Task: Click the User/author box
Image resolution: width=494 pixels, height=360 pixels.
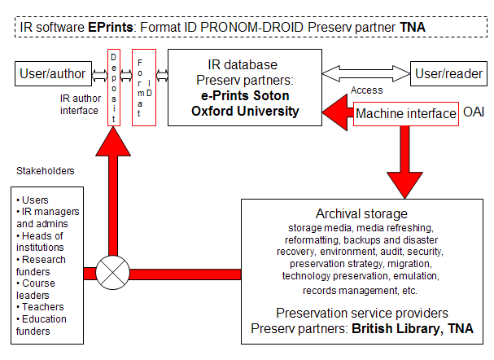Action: pos(50,75)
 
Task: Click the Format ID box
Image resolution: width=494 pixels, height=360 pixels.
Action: pos(142,86)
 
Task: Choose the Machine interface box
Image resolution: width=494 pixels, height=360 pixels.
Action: pos(405,114)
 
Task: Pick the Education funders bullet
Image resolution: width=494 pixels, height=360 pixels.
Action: pos(44,325)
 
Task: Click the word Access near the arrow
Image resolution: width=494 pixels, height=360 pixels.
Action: pos(366,91)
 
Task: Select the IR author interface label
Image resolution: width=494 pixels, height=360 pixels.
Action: pos(80,105)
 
